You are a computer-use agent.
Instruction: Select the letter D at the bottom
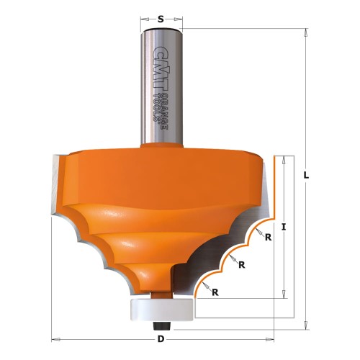tap(162, 338)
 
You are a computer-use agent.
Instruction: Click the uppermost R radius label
tap(267, 238)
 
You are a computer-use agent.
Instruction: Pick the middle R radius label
tap(242, 264)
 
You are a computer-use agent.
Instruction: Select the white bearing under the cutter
tap(160, 307)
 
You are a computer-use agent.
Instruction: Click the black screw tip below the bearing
tap(161, 323)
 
